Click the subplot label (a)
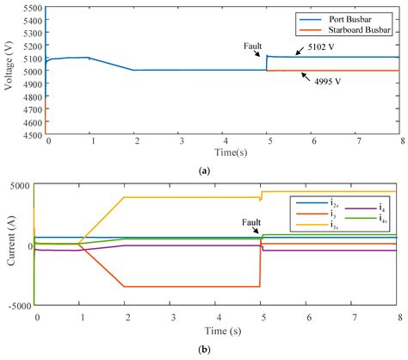pos(204,171)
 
